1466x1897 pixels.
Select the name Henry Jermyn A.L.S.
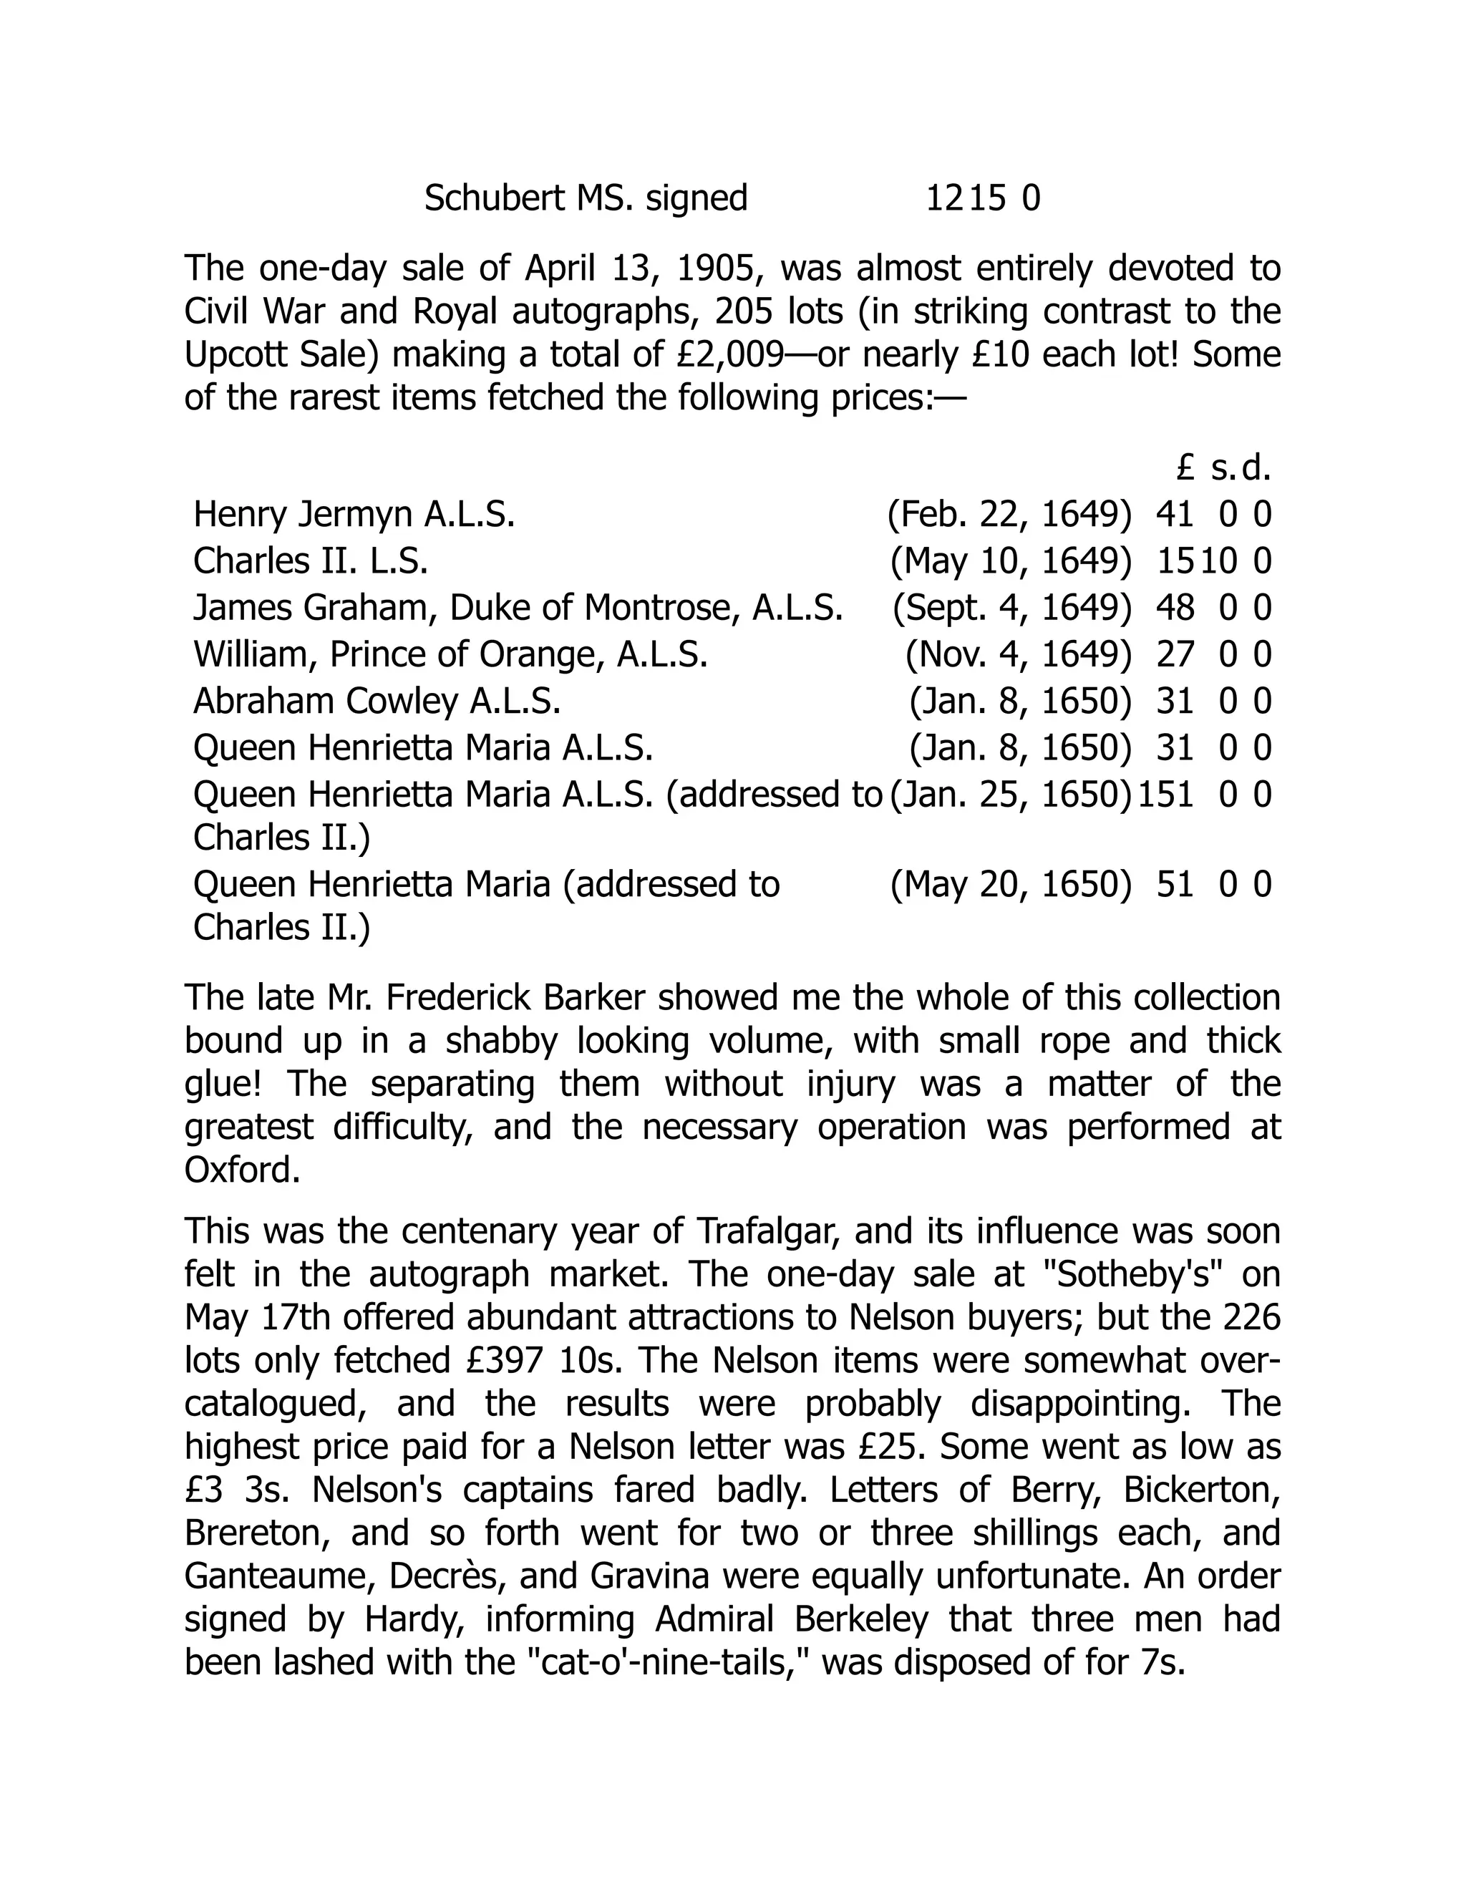click(x=354, y=515)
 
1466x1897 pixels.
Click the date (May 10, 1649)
click(x=1011, y=561)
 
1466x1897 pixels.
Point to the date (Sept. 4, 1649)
click(x=1011, y=608)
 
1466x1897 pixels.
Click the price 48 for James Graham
click(x=1175, y=608)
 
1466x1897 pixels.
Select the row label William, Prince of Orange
click(x=450, y=654)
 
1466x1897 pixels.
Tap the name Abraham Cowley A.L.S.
click(x=376, y=701)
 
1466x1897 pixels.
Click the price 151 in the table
click(x=1165, y=795)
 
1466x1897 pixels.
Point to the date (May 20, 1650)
click(x=1011, y=885)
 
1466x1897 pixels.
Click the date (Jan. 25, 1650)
click(x=1011, y=795)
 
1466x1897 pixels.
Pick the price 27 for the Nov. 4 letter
click(x=1175, y=654)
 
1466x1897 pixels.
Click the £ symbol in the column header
click(x=1185, y=469)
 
